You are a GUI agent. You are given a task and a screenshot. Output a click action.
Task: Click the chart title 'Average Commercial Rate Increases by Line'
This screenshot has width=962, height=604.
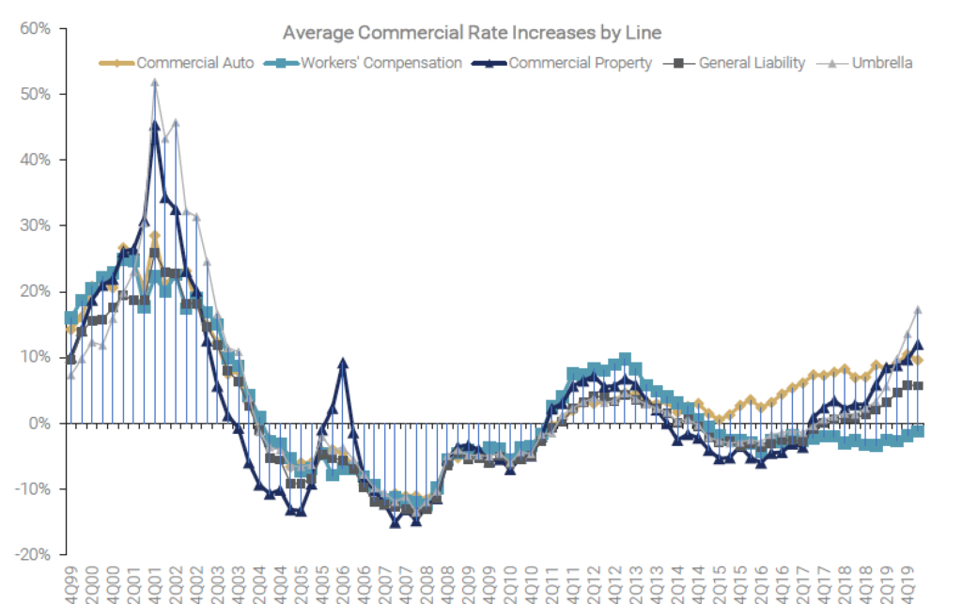click(472, 33)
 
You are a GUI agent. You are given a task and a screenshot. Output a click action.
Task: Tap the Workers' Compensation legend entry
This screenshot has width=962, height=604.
click(381, 63)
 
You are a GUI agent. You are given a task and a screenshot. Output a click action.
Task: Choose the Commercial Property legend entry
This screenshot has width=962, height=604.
click(580, 63)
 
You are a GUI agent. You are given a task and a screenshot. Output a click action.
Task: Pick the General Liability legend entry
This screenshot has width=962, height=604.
click(752, 63)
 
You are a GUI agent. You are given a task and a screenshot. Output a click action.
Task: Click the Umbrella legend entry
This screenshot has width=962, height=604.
click(882, 63)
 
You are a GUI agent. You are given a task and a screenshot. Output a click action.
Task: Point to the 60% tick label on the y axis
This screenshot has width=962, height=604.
click(34, 28)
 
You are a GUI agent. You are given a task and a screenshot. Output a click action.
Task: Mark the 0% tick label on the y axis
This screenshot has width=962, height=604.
click(39, 423)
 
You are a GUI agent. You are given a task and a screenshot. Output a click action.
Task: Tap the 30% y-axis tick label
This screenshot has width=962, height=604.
click(34, 225)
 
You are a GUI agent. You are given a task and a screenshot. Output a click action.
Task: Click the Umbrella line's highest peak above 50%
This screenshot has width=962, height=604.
click(155, 82)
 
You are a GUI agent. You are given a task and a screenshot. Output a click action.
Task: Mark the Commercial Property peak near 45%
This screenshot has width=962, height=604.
click(155, 124)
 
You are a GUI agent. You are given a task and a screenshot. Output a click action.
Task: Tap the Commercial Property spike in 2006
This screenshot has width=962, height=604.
click(344, 362)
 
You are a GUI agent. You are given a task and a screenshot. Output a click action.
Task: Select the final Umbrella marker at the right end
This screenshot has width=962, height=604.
click(918, 309)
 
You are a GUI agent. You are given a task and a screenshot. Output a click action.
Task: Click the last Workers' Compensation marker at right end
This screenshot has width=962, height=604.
click(918, 430)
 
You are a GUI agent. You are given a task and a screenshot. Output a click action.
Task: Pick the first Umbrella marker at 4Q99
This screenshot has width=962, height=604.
click(70, 375)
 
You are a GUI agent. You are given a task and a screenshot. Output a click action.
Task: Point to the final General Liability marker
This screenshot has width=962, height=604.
click(918, 385)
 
